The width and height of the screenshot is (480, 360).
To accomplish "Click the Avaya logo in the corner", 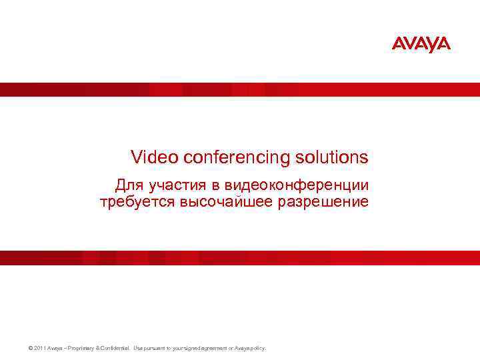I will click(421, 44).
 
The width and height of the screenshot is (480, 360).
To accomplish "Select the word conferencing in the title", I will click(233, 157).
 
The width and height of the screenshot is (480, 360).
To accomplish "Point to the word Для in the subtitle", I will click(129, 184).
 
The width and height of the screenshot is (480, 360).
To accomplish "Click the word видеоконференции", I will click(291, 184).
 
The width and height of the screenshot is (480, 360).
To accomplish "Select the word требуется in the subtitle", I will click(137, 201).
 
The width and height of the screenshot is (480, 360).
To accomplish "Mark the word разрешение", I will click(322, 201).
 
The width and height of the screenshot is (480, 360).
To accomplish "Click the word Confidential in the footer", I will click(116, 348).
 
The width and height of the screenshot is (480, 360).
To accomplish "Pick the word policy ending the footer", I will click(257, 348).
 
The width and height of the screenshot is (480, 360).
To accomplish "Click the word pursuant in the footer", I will click(157, 348).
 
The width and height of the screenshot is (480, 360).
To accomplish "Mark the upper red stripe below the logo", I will click(240, 89).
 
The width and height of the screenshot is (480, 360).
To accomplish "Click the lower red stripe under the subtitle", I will click(240, 258).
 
